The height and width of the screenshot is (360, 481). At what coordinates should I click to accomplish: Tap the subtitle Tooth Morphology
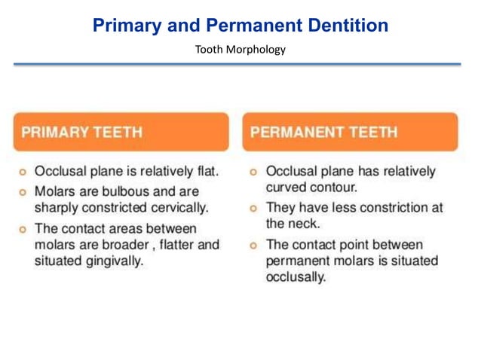point(240,50)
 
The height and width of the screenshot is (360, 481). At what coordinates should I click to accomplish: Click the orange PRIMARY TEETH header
point(121,132)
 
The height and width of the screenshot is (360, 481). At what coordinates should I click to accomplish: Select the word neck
point(305,224)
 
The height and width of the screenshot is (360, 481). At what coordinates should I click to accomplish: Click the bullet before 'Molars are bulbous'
point(23,192)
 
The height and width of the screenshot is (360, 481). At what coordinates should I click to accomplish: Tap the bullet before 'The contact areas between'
point(23,228)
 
